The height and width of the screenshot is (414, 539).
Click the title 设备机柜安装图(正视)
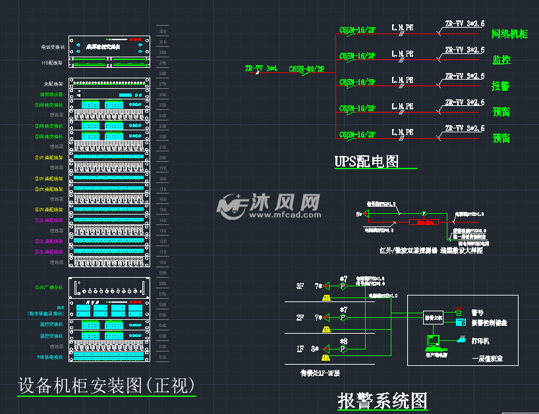106,384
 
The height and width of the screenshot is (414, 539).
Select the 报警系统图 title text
383,400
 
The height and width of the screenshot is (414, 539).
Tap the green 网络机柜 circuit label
510,34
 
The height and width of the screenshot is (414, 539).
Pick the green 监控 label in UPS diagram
501,60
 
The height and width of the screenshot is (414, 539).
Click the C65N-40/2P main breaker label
306,69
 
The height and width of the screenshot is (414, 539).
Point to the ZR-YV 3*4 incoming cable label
261,68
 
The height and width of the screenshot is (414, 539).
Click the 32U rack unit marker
163,31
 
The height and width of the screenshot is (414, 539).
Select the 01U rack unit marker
163,357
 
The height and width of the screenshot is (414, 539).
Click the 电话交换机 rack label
53,47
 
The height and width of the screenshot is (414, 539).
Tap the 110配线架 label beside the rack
53,63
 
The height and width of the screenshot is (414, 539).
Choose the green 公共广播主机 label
49,288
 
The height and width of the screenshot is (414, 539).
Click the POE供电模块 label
50,357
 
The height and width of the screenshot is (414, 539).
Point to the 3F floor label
300,286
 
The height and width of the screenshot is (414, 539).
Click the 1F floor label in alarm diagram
300,349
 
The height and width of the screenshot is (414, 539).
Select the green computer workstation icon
433,342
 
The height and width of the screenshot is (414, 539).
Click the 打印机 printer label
481,340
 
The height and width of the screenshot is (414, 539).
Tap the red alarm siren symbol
459,311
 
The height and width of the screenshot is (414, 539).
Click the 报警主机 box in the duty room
432,317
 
